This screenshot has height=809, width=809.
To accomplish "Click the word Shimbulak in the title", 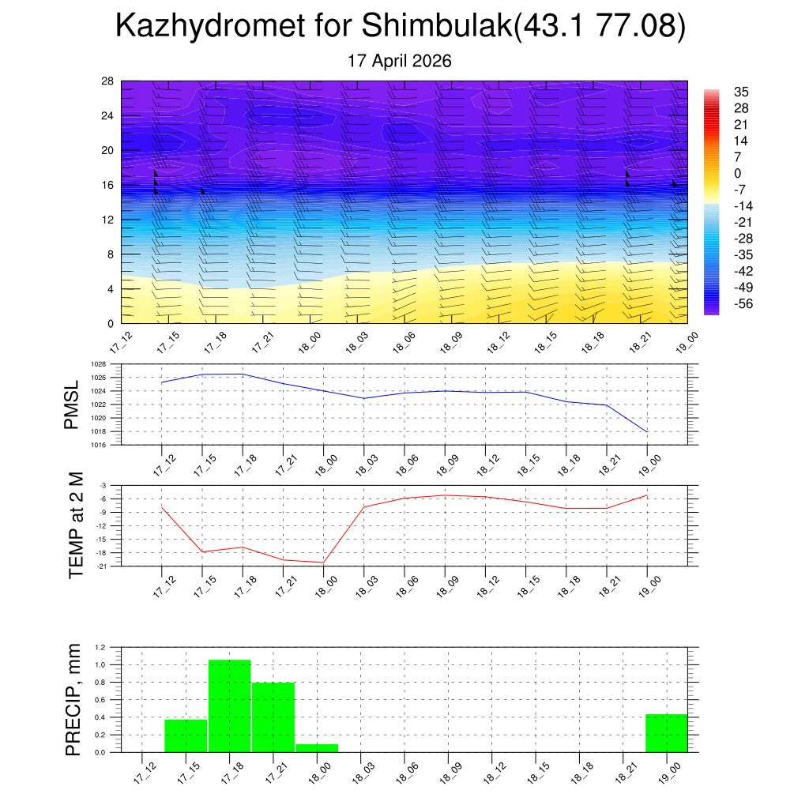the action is pyautogui.click(x=437, y=24).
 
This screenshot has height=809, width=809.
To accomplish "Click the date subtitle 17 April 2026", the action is pyautogui.click(x=399, y=61).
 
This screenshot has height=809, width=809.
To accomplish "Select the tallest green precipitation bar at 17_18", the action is pyautogui.click(x=230, y=706).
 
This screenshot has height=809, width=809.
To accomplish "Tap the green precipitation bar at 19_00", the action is pyautogui.click(x=667, y=733).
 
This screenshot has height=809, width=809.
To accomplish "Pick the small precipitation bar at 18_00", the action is pyautogui.click(x=318, y=748).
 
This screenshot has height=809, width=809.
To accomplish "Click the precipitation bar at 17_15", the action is pyautogui.click(x=186, y=736).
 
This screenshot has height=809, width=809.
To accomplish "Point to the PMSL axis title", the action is pyautogui.click(x=71, y=405).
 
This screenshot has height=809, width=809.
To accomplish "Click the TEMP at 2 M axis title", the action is pyautogui.click(x=75, y=525).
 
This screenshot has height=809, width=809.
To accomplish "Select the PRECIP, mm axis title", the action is pyautogui.click(x=73, y=700).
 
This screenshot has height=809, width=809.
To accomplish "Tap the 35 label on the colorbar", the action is pyautogui.click(x=741, y=92).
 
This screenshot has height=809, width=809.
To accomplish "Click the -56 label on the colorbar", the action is pyautogui.click(x=744, y=303).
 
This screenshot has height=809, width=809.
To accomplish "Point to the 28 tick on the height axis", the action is pyautogui.click(x=107, y=81).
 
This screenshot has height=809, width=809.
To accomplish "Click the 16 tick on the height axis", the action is pyautogui.click(x=107, y=185).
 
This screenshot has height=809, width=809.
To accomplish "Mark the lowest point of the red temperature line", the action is pyautogui.click(x=323, y=563).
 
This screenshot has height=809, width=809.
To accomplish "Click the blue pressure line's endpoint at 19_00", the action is pyautogui.click(x=647, y=431).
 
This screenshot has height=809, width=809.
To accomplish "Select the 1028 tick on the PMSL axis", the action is pyautogui.click(x=99, y=364).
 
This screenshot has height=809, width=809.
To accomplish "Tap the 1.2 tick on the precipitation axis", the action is pyautogui.click(x=100, y=647).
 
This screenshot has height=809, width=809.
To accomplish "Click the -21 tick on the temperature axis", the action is pyautogui.click(x=102, y=566).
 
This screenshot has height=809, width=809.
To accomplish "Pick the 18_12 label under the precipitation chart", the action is pyautogui.click(x=495, y=773).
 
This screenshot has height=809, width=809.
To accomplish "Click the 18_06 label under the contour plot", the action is pyautogui.click(x=404, y=342).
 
